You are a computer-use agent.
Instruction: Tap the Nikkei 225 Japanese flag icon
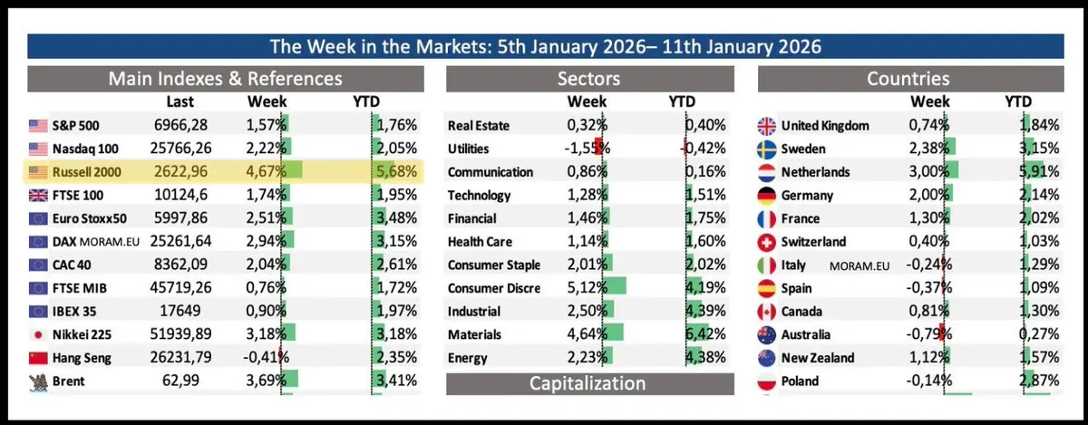(38, 335)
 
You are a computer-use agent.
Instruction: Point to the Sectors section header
(589, 79)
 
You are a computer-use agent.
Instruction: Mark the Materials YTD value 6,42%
(706, 335)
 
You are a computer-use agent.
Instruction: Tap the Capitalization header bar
(589, 382)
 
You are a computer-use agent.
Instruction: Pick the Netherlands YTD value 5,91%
(1040, 171)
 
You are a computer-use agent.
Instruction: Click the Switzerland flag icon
(766, 242)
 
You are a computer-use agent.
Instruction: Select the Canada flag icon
(766, 312)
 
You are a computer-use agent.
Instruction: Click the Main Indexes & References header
(226, 79)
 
